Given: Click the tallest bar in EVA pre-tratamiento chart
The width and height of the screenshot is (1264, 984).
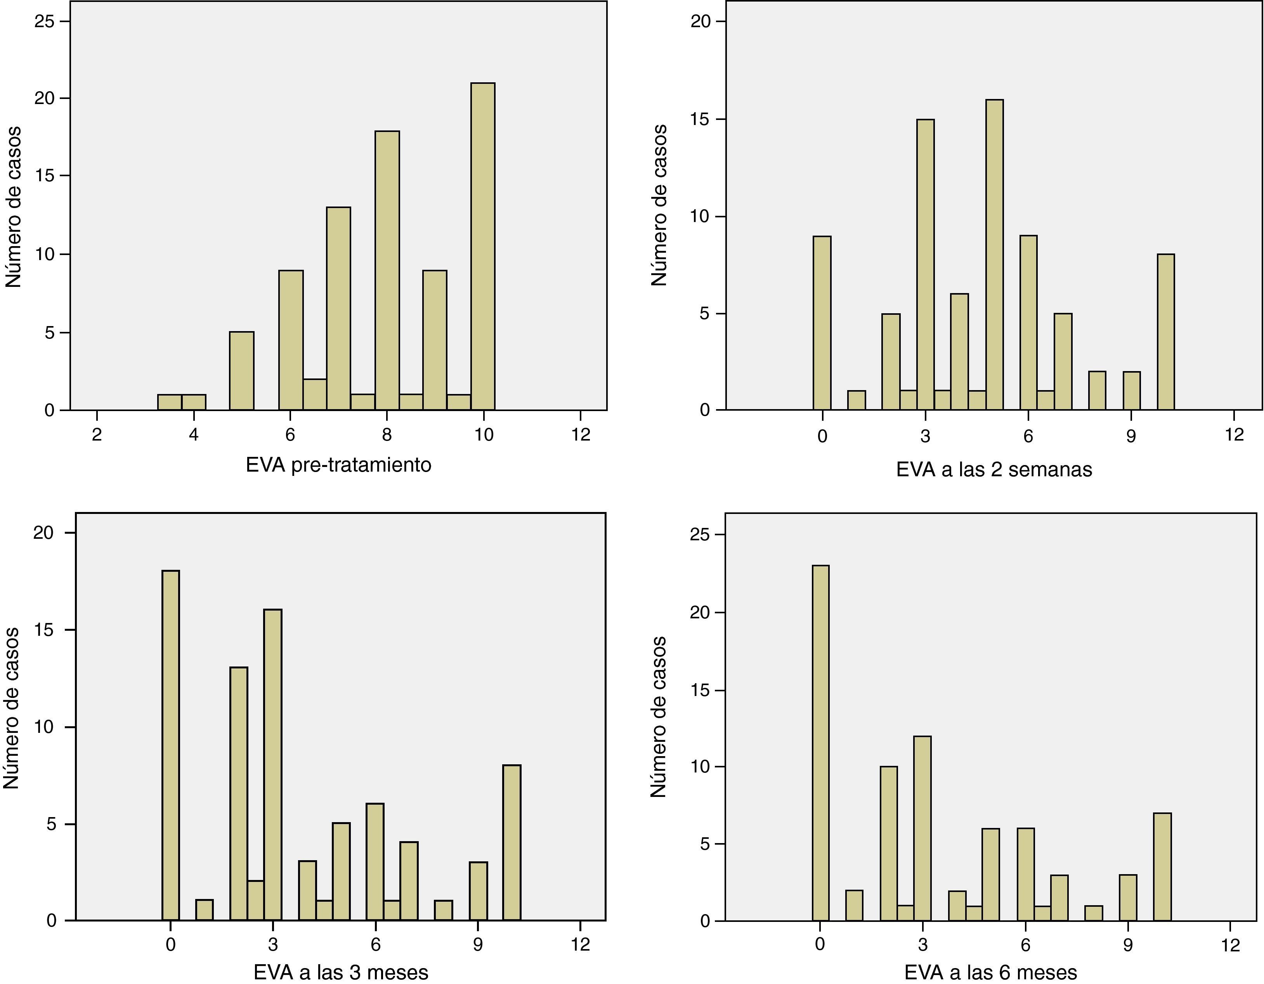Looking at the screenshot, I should click(x=483, y=246).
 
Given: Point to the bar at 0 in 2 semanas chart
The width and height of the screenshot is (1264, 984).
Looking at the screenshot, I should click(x=822, y=323).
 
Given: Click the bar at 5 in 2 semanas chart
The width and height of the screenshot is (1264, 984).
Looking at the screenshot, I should click(x=994, y=255).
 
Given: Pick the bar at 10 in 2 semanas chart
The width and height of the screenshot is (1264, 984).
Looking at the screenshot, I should click(x=1165, y=331).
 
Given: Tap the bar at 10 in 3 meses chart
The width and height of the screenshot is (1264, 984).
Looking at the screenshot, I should click(x=511, y=843).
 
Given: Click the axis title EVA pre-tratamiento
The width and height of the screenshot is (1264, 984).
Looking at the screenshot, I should click(x=338, y=465).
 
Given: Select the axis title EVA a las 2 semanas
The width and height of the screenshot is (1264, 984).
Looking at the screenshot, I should click(x=994, y=469).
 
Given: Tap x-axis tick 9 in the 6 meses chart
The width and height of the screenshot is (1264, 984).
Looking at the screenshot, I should click(x=1127, y=945).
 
